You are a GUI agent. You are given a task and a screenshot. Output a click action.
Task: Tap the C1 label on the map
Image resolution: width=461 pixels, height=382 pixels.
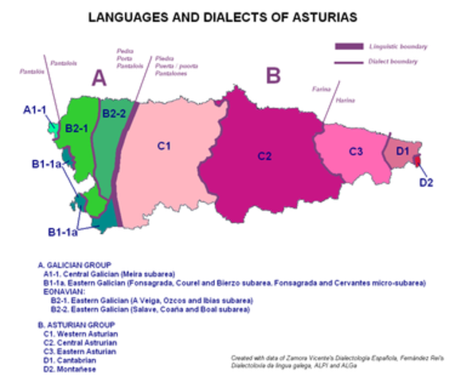pos(164,145)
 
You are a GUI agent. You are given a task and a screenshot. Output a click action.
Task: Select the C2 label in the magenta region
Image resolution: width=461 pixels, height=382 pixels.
pos(264,157)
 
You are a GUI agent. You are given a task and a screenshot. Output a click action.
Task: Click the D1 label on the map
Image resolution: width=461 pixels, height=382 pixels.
pos(402,150)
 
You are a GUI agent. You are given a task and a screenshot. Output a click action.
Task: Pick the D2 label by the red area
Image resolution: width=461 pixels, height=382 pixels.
pos(426,182)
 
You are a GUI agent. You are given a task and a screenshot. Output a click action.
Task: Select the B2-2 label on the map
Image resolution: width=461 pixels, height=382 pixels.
pos(115,114)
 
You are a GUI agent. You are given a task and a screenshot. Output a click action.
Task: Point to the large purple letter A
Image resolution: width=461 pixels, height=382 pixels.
pos(98,77)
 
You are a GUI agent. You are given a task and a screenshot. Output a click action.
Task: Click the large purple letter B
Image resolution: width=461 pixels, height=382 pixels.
pos(273,76)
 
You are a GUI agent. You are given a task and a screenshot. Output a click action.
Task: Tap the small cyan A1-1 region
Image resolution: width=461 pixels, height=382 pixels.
pos(53,127)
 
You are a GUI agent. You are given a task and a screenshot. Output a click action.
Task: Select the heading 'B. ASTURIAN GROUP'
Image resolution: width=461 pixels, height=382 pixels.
pos(75,325)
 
